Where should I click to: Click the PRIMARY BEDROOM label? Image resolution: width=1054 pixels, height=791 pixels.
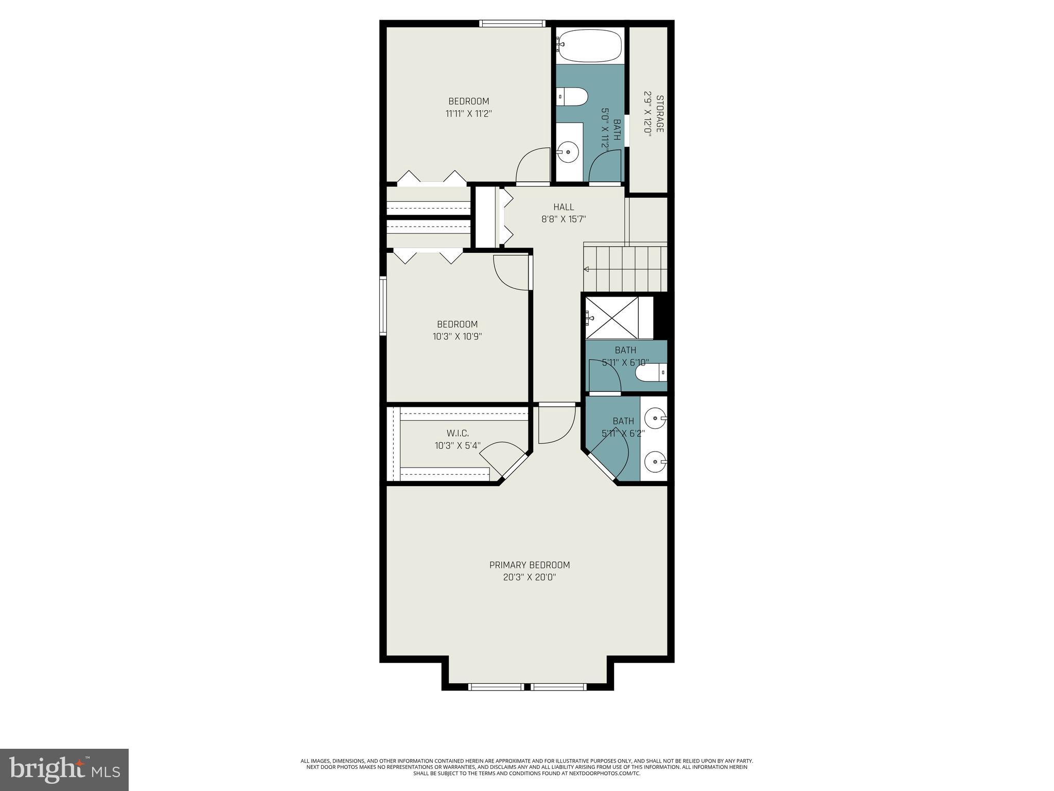(x=529, y=565)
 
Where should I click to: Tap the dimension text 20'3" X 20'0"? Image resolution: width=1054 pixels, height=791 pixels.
(x=529, y=577)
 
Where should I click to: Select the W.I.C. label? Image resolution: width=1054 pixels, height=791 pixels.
(x=458, y=433)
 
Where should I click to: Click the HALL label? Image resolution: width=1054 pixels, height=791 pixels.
(x=564, y=207)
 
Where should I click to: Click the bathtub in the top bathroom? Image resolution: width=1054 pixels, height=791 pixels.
(x=589, y=45)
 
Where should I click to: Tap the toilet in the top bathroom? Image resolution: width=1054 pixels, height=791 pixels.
(x=574, y=97)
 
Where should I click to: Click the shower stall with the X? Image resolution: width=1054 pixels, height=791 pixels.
(x=612, y=318)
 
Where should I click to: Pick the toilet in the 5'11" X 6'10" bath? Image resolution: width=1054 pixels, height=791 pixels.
(x=650, y=372)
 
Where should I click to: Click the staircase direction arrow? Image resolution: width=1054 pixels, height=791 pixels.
(x=586, y=269)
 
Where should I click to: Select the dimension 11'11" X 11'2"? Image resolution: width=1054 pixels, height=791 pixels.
(x=468, y=113)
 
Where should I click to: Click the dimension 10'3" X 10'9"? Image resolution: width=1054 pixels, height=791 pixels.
(x=457, y=336)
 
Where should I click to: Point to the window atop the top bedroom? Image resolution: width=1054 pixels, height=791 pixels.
(x=512, y=23)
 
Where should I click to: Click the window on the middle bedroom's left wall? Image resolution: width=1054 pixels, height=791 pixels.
(x=383, y=306)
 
